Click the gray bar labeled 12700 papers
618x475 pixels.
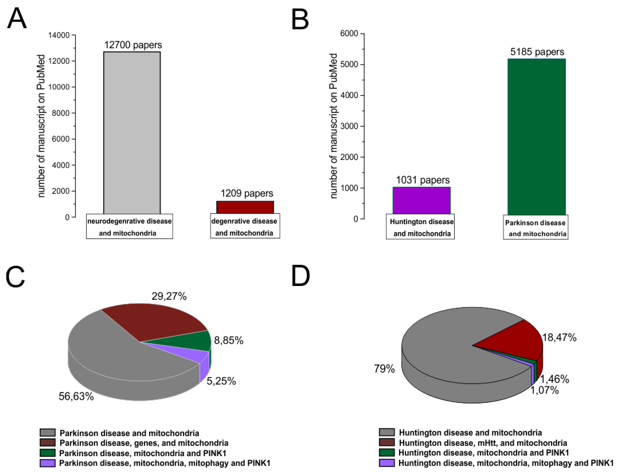pos(132,133)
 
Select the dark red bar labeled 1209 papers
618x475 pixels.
pos(245,208)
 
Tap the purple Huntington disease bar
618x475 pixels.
pos(421,200)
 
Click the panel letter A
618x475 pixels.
pos(17,18)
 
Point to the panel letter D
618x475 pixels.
pos(300,276)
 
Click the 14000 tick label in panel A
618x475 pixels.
pos(59,35)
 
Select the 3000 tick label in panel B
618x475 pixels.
pos(349,126)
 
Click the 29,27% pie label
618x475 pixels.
pos(169,296)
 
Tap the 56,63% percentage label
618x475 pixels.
pos(76,396)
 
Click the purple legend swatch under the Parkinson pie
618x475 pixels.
pos(47,463)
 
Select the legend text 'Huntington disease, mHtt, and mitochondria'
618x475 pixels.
pos(483,443)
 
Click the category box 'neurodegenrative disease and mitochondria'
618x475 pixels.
pos(129,227)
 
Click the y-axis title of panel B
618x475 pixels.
pos(334,126)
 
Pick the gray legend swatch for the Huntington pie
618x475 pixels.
pos(386,432)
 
